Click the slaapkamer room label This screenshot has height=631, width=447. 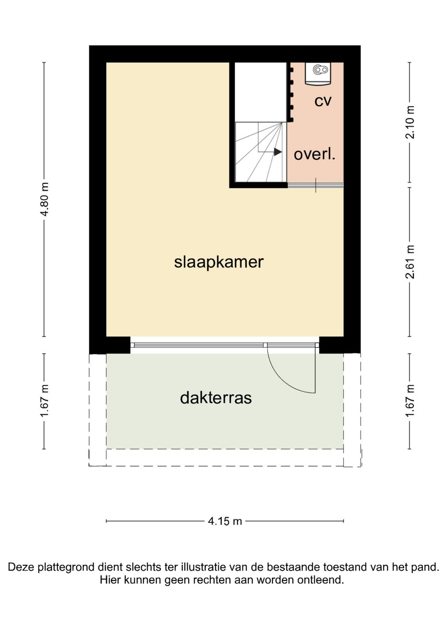[x=219, y=263]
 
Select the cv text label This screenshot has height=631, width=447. [x=323, y=101]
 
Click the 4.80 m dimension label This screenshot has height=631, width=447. [x=45, y=199]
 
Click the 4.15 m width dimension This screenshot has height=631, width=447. [x=225, y=521]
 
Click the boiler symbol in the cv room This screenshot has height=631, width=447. [x=318, y=73]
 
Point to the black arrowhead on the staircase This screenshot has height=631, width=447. [x=278, y=152]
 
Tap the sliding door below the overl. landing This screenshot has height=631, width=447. [x=315, y=185]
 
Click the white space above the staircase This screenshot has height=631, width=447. [x=261, y=92]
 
